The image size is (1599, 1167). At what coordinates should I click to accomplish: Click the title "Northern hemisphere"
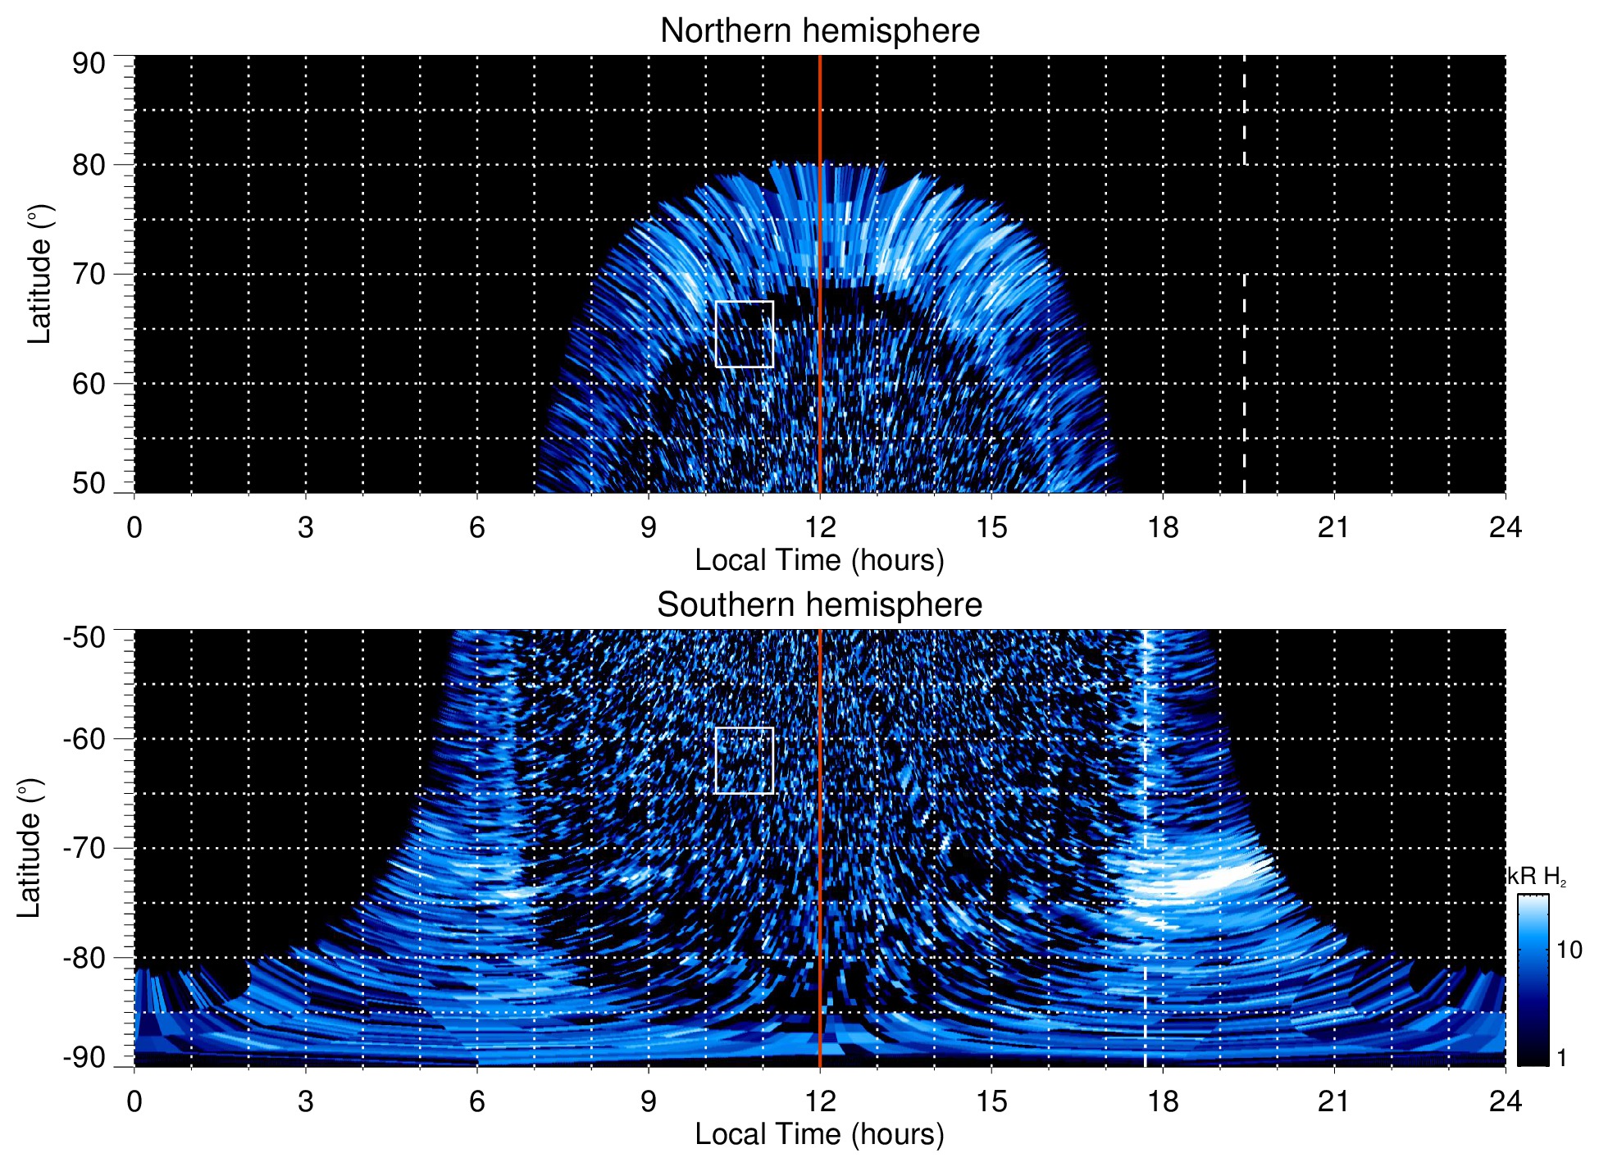pos(819,31)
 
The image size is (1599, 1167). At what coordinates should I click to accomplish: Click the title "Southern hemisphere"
pos(819,605)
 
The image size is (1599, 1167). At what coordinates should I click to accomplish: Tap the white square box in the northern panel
pos(745,334)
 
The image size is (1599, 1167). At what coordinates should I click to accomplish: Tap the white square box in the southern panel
pos(745,760)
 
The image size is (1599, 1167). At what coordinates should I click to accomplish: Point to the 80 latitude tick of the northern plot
pos(89,165)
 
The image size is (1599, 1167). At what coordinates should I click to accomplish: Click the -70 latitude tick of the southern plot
pos(84,848)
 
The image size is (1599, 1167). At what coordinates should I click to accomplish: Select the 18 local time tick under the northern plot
pos(1163,527)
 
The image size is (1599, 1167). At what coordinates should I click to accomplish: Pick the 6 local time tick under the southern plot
pos(477,1101)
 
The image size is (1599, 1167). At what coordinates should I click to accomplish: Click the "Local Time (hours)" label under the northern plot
pos(819,560)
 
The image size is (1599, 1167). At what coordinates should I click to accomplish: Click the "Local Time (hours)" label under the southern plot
pos(819,1134)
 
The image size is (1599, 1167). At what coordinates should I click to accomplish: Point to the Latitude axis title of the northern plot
pos(39,274)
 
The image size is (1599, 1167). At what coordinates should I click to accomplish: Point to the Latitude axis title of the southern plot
pos(30,848)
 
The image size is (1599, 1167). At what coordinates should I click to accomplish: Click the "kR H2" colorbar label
pos(1537,877)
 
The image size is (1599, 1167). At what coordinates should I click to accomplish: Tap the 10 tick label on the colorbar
pos(1569,950)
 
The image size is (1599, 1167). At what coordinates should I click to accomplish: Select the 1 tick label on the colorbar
pos(1561,1058)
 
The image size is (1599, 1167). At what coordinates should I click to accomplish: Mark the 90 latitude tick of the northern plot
pos(89,63)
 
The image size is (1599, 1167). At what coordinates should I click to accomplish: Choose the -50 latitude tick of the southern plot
pos(84,637)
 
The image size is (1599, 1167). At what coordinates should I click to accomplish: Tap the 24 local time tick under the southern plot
pos(1505,1101)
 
